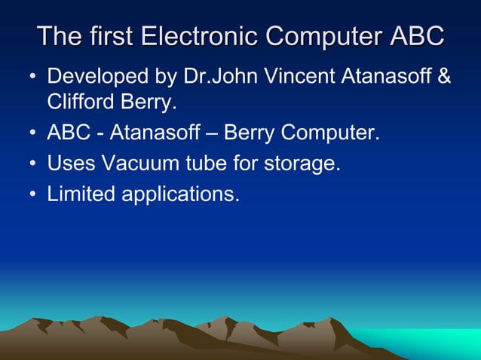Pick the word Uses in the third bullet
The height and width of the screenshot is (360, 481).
pos(66,163)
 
